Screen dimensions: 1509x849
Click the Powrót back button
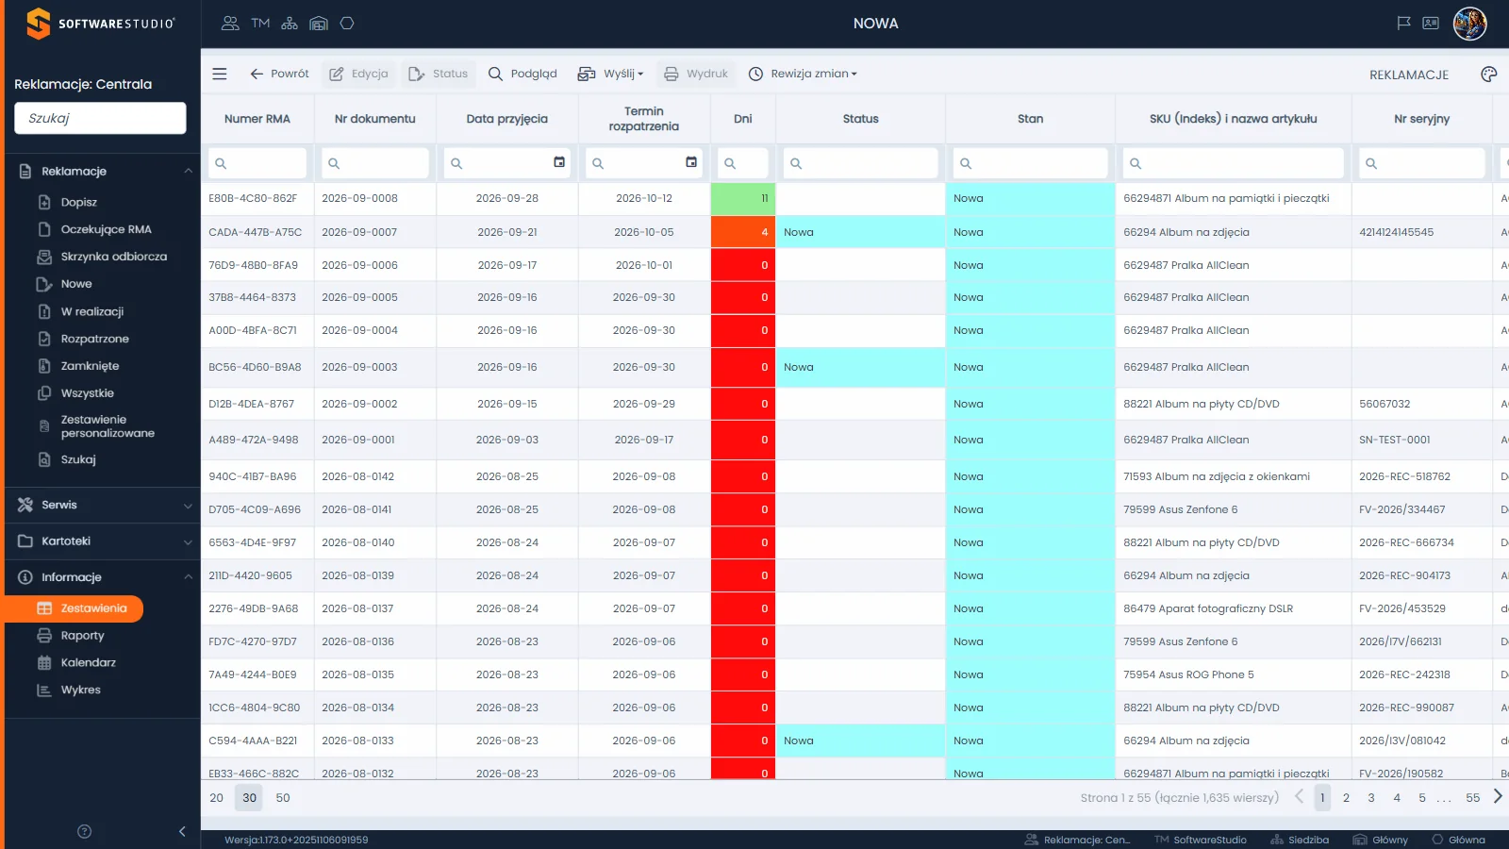279,74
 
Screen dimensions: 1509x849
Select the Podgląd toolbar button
522,74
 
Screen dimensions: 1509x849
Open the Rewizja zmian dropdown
803,74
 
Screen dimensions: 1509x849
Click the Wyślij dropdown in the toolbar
610,74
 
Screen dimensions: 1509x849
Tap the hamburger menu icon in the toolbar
220,74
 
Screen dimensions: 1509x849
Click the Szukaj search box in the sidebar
100,118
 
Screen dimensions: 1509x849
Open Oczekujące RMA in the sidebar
106,229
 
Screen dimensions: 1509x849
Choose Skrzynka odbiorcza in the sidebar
114,256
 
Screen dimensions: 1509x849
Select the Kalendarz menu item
89,662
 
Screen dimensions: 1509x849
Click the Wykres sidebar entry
80,690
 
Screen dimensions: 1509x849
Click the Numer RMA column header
257,119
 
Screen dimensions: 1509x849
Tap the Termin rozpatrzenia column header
644,119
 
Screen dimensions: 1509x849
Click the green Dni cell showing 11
743,199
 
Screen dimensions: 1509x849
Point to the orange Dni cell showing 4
743,232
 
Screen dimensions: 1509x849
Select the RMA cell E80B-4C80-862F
253,198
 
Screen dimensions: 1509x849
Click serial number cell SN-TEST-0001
1395,440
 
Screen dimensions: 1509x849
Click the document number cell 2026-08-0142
357,476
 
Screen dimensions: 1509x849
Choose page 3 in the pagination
1371,798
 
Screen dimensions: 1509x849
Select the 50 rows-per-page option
283,798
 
